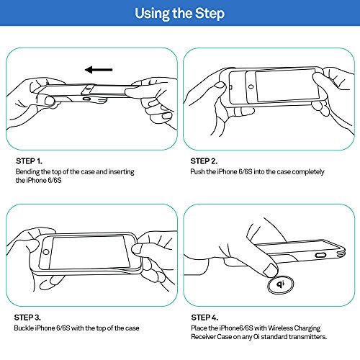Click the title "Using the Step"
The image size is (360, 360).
pyautogui.click(x=180, y=13)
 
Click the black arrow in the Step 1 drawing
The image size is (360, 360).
pyautogui.click(x=99, y=70)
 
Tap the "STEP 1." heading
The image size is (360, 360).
pyautogui.click(x=30, y=161)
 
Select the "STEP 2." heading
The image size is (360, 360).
pyautogui.click(x=204, y=161)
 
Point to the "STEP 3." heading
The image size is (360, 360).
pyautogui.click(x=27, y=318)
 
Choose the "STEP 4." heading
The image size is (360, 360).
pyautogui.click(x=204, y=318)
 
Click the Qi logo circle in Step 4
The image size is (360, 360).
pyautogui.click(x=281, y=284)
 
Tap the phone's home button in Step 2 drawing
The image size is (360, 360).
pyautogui.click(x=251, y=86)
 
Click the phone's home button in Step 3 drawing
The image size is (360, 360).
pyautogui.click(x=46, y=252)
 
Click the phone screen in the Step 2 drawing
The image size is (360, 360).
pyautogui.click(x=287, y=86)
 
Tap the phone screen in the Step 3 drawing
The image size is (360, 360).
pyautogui.click(x=90, y=252)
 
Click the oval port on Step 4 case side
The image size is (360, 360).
pyautogui.click(x=320, y=255)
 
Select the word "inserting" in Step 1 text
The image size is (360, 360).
pyautogui.click(x=122, y=172)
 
